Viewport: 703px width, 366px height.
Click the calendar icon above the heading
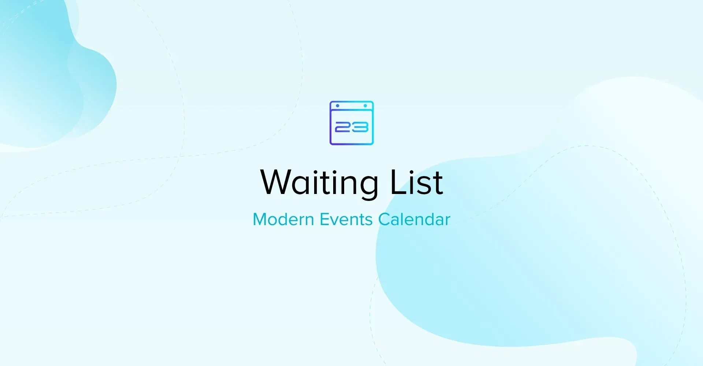tap(351, 123)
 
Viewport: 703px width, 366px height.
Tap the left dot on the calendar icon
tap(338, 106)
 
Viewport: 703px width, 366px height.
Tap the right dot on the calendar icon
tap(365, 106)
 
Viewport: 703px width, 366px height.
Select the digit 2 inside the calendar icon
tap(343, 127)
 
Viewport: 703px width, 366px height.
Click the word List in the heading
tap(417, 182)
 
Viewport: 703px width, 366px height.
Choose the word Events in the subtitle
tap(346, 220)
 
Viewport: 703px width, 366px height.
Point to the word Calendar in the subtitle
tap(414, 220)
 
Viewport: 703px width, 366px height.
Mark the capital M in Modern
tap(261, 220)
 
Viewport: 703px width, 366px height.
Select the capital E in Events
tap(324, 220)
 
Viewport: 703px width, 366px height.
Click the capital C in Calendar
tap(384, 220)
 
